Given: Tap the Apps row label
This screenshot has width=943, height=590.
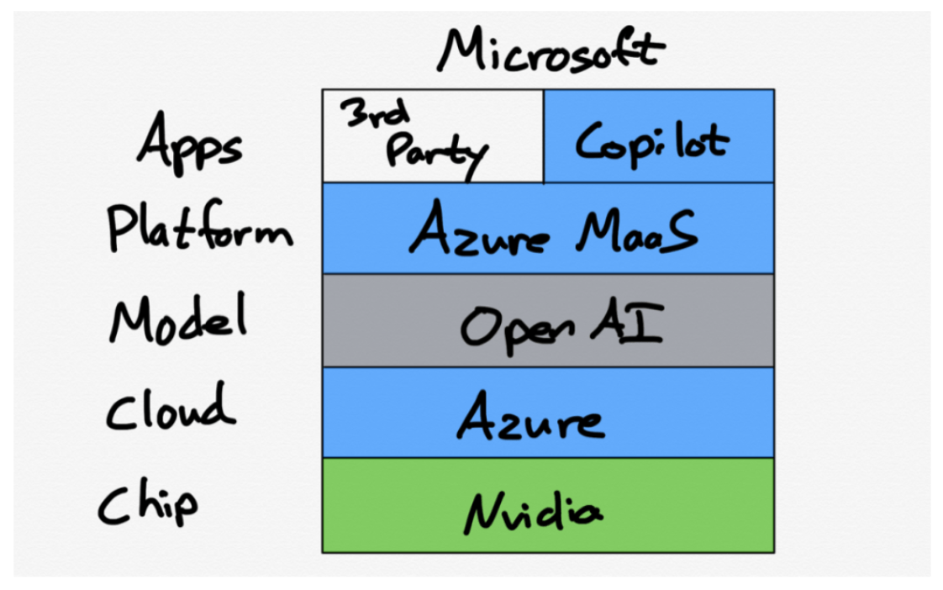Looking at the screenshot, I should [190, 144].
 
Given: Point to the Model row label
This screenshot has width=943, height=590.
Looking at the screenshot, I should [178, 319].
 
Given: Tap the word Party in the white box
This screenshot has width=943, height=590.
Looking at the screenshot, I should [435, 153].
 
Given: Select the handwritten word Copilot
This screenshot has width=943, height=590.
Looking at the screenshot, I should [651, 141].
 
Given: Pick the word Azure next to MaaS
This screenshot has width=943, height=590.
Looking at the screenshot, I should [481, 230].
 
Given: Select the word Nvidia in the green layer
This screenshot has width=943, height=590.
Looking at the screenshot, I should [534, 509].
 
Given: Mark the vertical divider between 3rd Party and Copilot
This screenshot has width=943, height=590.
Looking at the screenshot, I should [544, 136].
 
